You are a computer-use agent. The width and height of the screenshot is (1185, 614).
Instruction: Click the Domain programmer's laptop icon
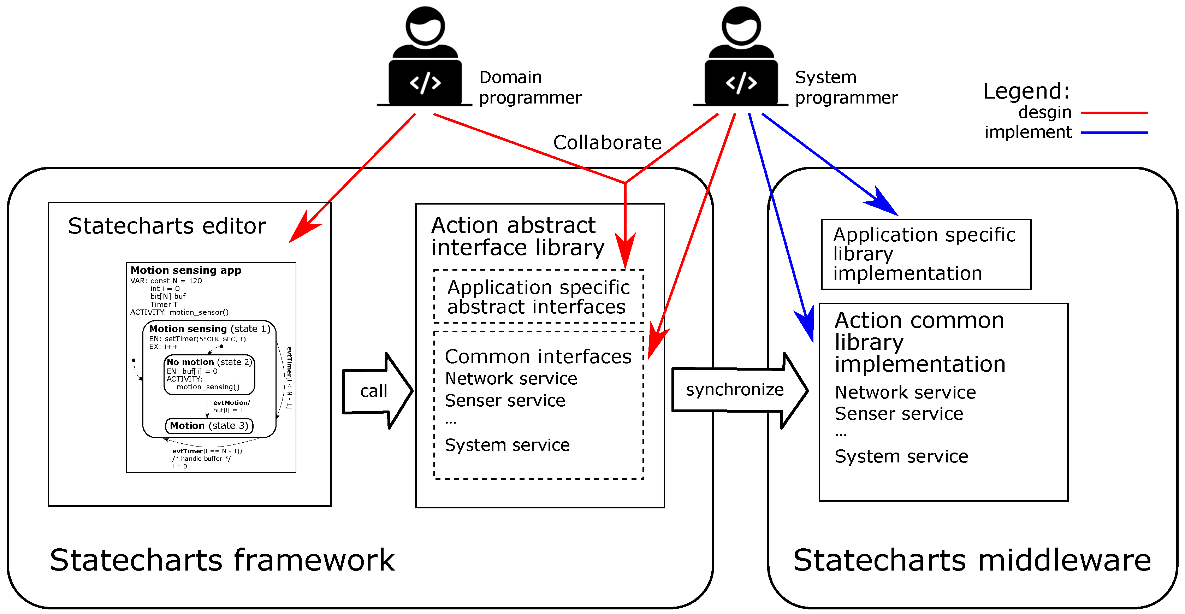pos(425,83)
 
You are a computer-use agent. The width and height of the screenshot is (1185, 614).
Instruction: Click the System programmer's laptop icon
pos(741,83)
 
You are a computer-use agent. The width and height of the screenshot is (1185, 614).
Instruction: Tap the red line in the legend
pos(1114,113)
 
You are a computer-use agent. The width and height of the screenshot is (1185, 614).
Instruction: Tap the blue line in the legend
pos(1114,132)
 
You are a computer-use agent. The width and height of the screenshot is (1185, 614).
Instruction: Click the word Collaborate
pos(607,143)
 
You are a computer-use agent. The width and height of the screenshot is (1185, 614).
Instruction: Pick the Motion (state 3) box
pos(209,426)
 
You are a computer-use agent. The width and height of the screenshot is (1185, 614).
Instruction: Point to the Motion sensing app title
pos(186,270)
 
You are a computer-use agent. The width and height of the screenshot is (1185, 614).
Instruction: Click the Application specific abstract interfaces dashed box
pos(538,297)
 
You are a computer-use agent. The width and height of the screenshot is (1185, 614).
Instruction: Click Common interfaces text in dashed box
pos(538,357)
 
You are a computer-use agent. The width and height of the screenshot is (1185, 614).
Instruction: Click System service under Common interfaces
pos(507,445)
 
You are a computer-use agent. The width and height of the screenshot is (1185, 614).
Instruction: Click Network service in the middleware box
pos(905,392)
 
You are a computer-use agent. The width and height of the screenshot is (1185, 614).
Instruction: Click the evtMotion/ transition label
pos(231,403)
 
